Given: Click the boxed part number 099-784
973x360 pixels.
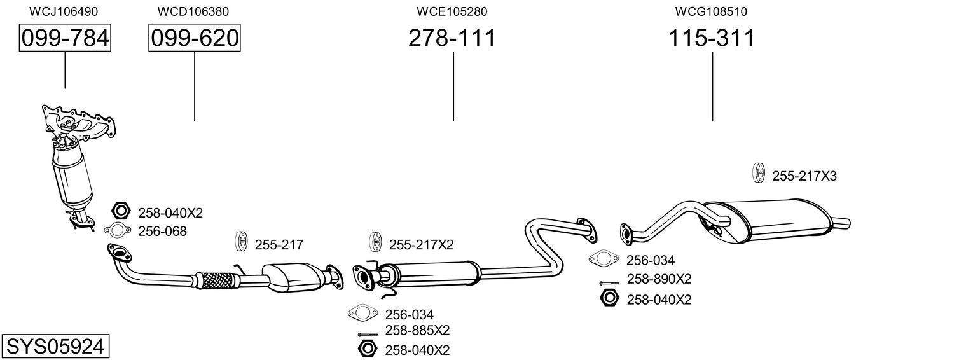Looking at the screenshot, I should point(65,39).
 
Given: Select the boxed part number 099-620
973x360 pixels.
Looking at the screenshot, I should point(195,39).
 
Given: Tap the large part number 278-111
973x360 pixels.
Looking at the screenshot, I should point(452,39).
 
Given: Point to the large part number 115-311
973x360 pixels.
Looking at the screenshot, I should point(711,39).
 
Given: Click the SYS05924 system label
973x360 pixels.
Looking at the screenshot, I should point(55,347).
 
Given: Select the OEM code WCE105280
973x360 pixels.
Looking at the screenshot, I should point(452,11).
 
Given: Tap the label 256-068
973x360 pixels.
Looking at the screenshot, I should point(162,232).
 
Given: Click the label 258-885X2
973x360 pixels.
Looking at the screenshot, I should point(417,331).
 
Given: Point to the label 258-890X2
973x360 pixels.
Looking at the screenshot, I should point(659,279).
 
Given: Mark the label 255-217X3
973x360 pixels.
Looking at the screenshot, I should point(804,176).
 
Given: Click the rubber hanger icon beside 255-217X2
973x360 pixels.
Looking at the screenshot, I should point(375,243).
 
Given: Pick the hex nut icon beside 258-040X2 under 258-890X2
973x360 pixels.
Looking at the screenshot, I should point(609,298).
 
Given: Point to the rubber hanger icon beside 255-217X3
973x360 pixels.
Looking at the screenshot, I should point(758,173).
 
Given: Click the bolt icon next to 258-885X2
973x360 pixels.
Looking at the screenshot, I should point(368,334).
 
